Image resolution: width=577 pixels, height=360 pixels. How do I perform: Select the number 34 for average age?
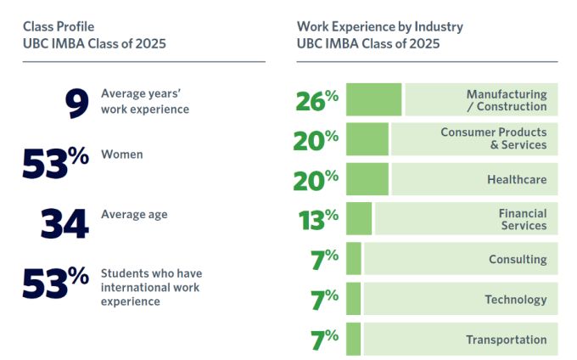64,223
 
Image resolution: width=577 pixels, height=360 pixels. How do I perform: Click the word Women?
122,155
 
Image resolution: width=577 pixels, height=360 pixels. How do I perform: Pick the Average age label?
134,215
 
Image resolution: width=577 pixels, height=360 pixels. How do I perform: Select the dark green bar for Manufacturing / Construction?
374,99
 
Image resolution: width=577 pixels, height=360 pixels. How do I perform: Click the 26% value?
317,101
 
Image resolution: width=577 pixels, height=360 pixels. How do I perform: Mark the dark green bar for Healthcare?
367,179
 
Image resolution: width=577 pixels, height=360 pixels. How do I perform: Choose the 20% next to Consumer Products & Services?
317,140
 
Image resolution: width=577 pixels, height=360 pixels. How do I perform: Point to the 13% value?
319,220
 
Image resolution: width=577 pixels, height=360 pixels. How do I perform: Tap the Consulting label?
518,259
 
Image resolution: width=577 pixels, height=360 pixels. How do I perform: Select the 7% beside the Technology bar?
325,300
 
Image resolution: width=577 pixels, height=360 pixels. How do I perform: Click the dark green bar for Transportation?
354,339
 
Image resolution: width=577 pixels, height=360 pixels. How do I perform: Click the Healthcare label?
517,179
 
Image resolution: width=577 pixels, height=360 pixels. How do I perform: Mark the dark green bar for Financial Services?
359,219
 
